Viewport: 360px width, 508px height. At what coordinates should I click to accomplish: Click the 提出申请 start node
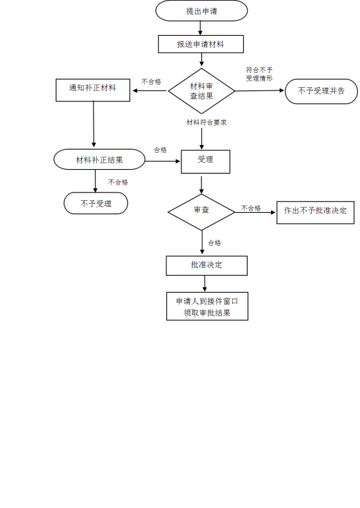(201, 10)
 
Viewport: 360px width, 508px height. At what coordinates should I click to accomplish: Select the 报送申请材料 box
(201, 44)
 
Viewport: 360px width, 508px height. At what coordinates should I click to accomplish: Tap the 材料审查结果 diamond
(201, 90)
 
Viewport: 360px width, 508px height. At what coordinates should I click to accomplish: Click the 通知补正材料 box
(93, 90)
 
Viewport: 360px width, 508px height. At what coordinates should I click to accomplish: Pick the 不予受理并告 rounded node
(321, 91)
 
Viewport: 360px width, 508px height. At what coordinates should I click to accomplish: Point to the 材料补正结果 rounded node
(99, 159)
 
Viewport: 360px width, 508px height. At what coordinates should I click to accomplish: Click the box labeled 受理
(205, 162)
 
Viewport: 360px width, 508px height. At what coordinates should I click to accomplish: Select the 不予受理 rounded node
(96, 203)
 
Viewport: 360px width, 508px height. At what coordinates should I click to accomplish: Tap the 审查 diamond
(201, 212)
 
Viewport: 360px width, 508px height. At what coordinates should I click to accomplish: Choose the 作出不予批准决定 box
(315, 213)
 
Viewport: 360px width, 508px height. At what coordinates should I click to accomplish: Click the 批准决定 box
(207, 265)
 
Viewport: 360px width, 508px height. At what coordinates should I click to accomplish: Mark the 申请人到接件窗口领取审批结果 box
(207, 306)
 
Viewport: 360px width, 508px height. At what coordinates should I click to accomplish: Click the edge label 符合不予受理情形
(259, 74)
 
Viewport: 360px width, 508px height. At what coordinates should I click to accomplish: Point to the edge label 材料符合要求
(207, 122)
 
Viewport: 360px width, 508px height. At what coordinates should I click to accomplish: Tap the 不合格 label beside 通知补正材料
(151, 82)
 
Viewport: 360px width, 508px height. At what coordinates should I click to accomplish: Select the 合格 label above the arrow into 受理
(161, 150)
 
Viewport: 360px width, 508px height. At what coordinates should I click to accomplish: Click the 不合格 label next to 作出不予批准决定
(251, 208)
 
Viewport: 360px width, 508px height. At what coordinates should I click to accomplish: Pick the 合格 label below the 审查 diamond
(214, 243)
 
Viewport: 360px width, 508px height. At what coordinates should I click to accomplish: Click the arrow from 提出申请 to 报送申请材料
(200, 28)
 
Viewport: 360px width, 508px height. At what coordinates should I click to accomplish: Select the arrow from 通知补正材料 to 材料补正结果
(94, 124)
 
